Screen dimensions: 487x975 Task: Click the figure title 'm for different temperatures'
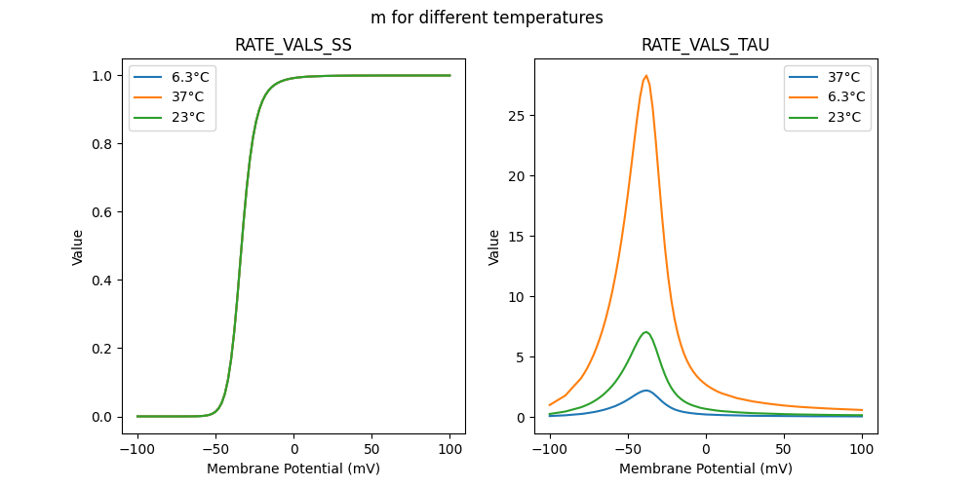click(487, 18)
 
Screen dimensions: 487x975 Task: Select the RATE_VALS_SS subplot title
click(293, 45)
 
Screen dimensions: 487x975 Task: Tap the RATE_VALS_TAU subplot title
click(705, 45)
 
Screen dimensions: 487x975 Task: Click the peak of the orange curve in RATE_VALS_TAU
click(645, 76)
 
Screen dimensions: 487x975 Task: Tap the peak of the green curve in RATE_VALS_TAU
click(645, 332)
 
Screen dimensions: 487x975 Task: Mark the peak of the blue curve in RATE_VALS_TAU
click(645, 391)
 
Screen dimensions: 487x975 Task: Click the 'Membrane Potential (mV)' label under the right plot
click(706, 468)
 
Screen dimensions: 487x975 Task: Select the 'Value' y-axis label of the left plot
click(78, 246)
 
